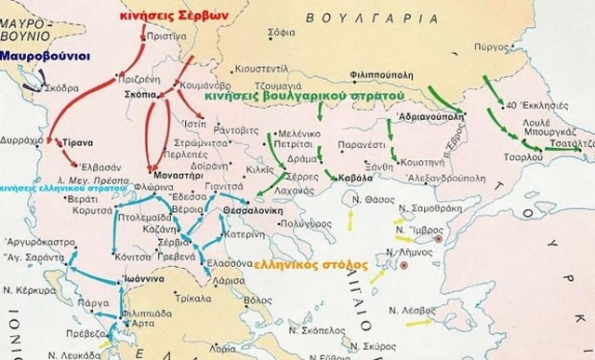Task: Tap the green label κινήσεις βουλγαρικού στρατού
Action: click(x=299, y=96)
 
